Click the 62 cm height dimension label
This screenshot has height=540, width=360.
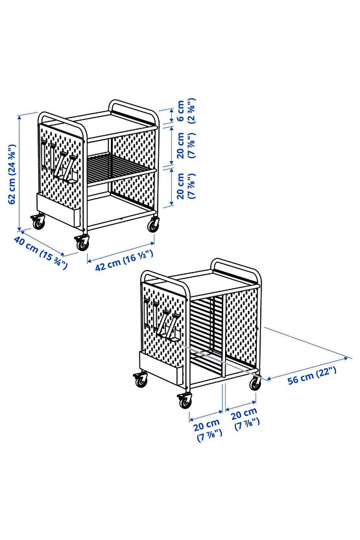(x=12, y=174)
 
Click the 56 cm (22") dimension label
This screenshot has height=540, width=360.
(x=312, y=375)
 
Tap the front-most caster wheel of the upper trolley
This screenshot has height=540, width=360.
(x=82, y=243)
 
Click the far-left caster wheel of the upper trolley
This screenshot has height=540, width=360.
(x=38, y=222)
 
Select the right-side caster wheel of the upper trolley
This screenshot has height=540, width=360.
(x=153, y=225)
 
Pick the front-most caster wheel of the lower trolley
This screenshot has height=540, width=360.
(x=185, y=400)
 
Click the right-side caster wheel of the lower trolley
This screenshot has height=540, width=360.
(x=256, y=384)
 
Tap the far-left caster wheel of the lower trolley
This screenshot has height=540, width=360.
(x=141, y=380)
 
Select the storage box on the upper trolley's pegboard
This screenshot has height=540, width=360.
(x=58, y=210)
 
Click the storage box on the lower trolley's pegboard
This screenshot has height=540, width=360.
(x=160, y=368)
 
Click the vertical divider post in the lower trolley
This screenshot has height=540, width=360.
(x=224, y=336)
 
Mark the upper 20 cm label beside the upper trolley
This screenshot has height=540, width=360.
(x=186, y=145)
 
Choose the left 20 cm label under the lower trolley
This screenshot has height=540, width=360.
(x=208, y=430)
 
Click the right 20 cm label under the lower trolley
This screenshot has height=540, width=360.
(x=245, y=419)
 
